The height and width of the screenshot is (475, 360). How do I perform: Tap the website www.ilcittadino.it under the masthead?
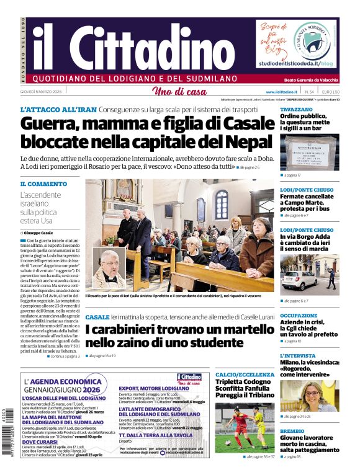pyautogui.click(x=294, y=92)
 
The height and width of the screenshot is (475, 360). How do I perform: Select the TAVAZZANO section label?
pyautogui.click(x=296, y=109)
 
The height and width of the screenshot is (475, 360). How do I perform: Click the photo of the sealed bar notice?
pyautogui.click(x=309, y=153)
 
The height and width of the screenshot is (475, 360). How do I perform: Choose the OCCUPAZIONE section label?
pyautogui.click(x=299, y=315)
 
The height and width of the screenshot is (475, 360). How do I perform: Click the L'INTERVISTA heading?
pyautogui.click(x=298, y=356)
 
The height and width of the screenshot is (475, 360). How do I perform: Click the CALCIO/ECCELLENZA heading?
pyautogui.click(x=243, y=375)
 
